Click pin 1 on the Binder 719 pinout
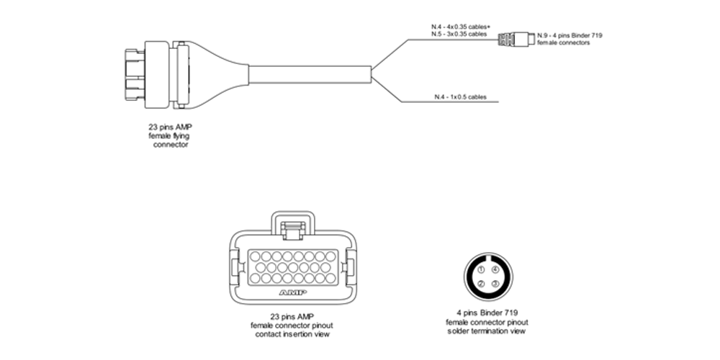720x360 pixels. (x=480, y=270)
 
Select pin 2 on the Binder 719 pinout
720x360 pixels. (x=480, y=284)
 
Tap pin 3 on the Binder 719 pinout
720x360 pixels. (x=495, y=284)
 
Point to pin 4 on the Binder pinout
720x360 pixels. (x=495, y=270)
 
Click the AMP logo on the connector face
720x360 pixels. (x=292, y=293)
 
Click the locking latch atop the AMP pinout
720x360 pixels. (x=292, y=229)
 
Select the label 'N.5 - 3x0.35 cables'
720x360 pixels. (x=454, y=34)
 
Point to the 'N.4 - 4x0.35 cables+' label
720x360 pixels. (x=454, y=27)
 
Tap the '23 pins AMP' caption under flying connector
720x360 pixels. (x=170, y=127)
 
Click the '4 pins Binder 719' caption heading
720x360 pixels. (x=487, y=313)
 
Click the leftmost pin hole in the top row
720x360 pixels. (x=256, y=256)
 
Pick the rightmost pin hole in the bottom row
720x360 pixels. (x=328, y=278)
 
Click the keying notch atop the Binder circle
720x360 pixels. (x=487, y=260)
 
